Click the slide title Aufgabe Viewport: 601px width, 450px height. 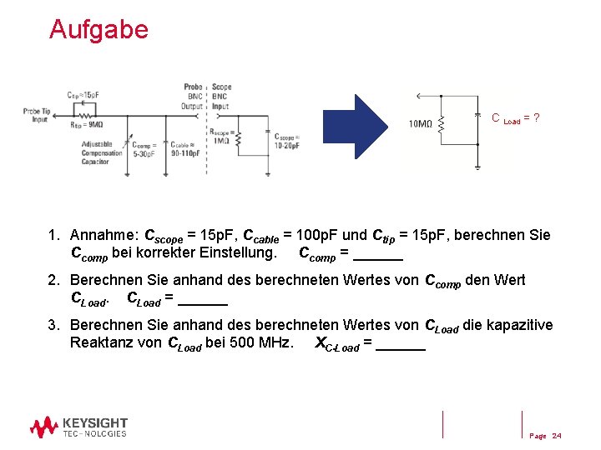point(98,30)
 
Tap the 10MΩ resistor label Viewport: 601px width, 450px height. point(420,125)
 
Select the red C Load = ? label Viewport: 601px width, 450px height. point(515,119)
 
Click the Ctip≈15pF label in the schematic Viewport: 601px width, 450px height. point(83,96)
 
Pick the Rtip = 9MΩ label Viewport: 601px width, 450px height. point(85,126)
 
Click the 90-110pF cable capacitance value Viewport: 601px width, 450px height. point(186,152)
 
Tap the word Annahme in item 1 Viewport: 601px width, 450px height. point(104,235)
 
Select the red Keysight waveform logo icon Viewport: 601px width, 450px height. point(44,427)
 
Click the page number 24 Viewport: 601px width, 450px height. point(557,436)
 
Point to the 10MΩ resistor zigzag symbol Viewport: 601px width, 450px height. point(441,124)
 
